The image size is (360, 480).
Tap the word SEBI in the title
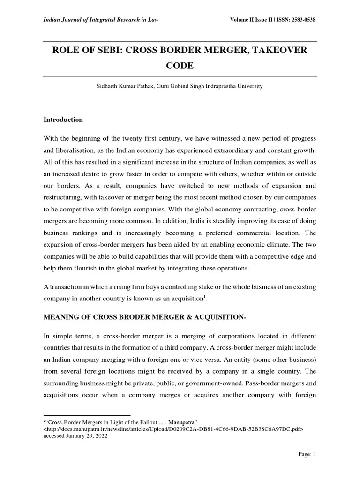pyautogui.click(x=108, y=50)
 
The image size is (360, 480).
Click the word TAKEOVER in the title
pyautogui.click(x=278, y=50)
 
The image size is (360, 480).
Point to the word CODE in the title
pyautogui.click(x=180, y=66)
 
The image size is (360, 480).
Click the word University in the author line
pyautogui.click(x=250, y=86)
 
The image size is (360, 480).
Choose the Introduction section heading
pyautogui.click(x=63, y=120)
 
